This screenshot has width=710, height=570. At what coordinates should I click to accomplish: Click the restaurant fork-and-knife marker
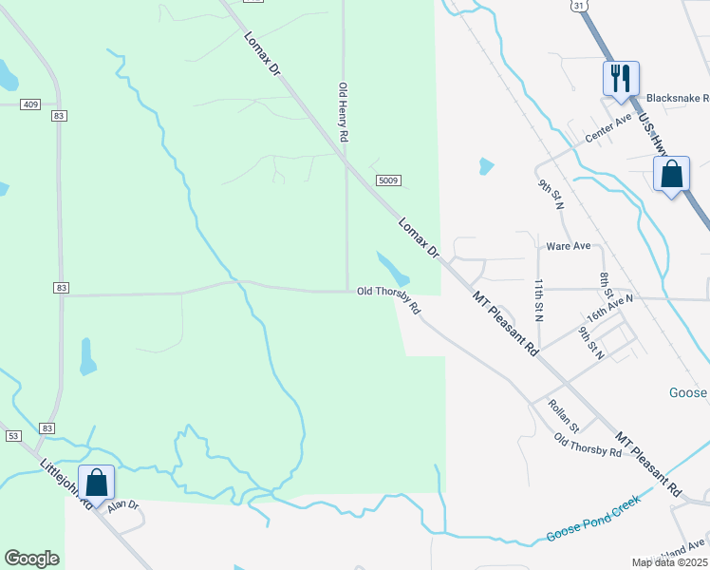pyautogui.click(x=621, y=78)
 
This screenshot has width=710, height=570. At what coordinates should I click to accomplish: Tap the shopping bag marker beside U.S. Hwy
pyautogui.click(x=671, y=175)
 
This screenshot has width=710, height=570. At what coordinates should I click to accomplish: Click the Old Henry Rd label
pyautogui.click(x=344, y=112)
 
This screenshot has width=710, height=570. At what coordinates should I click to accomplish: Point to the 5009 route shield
pyautogui.click(x=387, y=180)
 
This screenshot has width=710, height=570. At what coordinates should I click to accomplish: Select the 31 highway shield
pyautogui.click(x=578, y=6)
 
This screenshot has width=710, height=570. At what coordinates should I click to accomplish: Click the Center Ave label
pyautogui.click(x=607, y=128)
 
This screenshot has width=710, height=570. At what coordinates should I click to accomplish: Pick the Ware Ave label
pyautogui.click(x=569, y=246)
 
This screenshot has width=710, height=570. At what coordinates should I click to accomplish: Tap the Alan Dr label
pyautogui.click(x=122, y=507)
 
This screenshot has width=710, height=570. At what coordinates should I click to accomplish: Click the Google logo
pyautogui.click(x=32, y=559)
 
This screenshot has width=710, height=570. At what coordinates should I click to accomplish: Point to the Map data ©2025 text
pyautogui.click(x=670, y=562)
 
